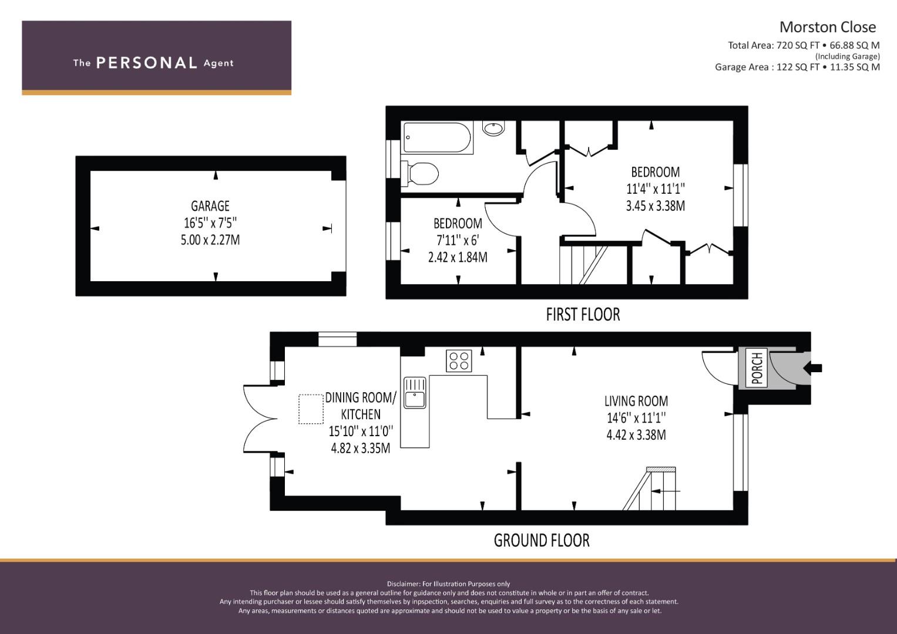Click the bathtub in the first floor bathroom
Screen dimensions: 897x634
pyautogui.click(x=437, y=138)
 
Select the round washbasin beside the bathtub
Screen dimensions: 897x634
pyautogui.click(x=493, y=128)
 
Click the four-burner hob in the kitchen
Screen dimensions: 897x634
pyautogui.click(x=459, y=360)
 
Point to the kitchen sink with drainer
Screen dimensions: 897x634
pyautogui.click(x=415, y=392)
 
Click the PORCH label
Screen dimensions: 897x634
pyautogui.click(x=757, y=368)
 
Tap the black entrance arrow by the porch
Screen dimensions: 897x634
pyautogui.click(x=812, y=368)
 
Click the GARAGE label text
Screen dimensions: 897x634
pyautogui.click(x=210, y=206)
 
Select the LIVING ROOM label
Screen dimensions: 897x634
pyautogui.click(x=636, y=400)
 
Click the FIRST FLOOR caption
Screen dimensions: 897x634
pyautogui.click(x=583, y=314)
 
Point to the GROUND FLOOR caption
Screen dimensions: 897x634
pyautogui.click(x=542, y=540)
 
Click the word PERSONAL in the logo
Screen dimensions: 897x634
pyautogui.click(x=147, y=63)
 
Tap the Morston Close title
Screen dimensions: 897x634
pyautogui.click(x=828, y=27)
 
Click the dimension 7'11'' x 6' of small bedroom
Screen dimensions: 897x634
pyautogui.click(x=458, y=240)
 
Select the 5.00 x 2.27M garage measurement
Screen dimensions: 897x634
pyautogui.click(x=210, y=240)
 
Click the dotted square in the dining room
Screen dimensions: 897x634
pyautogui.click(x=311, y=409)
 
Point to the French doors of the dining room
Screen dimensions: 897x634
pyautogui.click(x=260, y=419)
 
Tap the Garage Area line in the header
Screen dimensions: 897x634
pyautogui.click(x=797, y=67)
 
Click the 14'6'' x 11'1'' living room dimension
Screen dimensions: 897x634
pyautogui.click(x=636, y=418)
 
